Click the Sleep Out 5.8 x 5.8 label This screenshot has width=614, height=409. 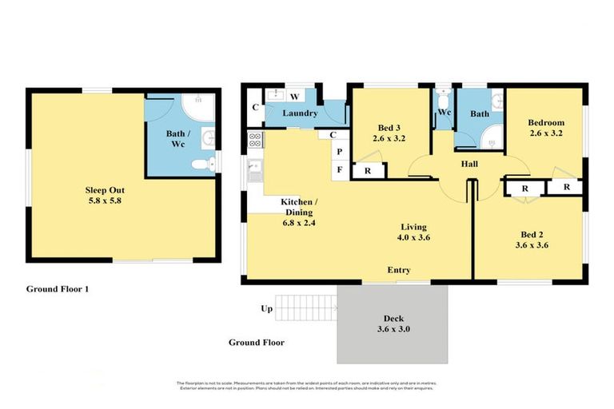click(x=104, y=196)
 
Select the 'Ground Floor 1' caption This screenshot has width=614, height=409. click(x=58, y=289)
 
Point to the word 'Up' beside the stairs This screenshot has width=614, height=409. click(x=266, y=308)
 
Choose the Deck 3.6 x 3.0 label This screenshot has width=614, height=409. click(x=392, y=324)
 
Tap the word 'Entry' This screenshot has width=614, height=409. click(x=399, y=271)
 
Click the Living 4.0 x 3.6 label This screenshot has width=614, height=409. click(x=413, y=232)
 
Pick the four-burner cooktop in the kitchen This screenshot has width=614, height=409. click(x=256, y=141)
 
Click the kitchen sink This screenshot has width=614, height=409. click(x=256, y=168)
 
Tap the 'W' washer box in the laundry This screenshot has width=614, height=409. click(x=295, y=97)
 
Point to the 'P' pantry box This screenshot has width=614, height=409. click(x=340, y=152)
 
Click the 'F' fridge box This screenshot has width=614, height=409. click(x=340, y=169)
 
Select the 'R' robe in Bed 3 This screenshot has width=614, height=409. click(x=367, y=171)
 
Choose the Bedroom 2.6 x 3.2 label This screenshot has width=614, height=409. click(x=546, y=128)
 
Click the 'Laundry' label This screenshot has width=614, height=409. click(x=301, y=114)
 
